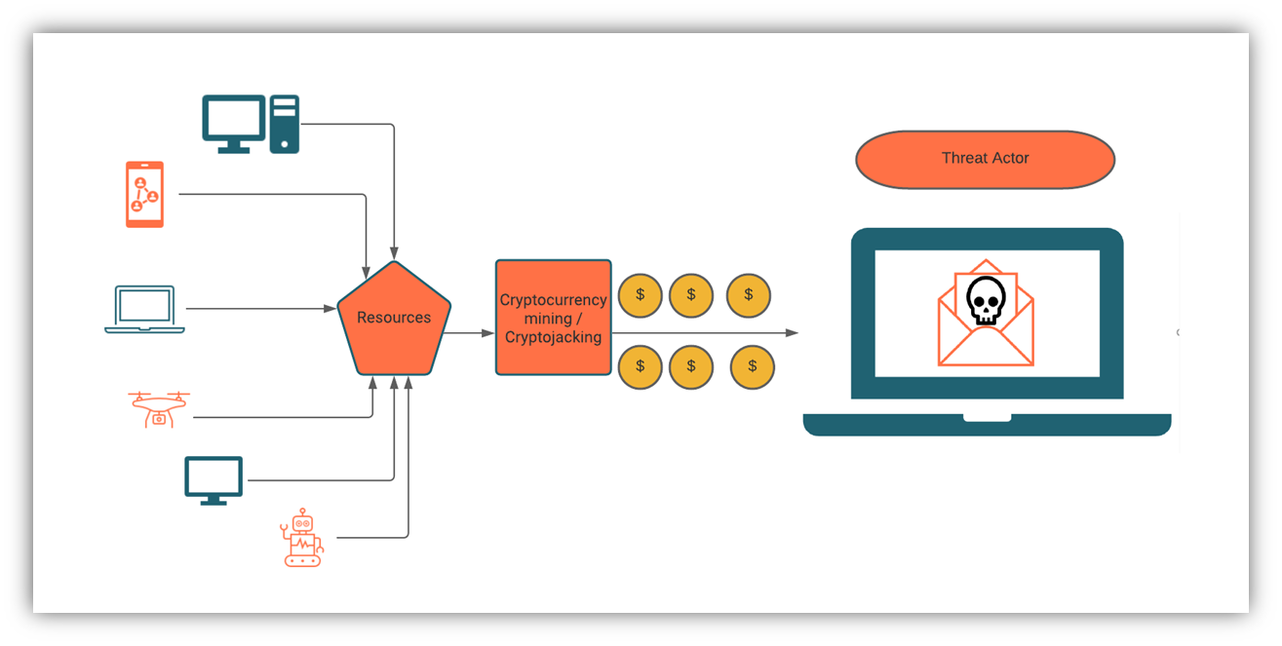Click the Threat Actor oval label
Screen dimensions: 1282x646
[x=985, y=159]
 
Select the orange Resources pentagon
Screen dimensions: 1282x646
[x=394, y=321]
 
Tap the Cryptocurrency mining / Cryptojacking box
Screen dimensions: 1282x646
[x=553, y=318]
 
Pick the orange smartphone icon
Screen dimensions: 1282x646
[x=145, y=195]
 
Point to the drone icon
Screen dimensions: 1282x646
[x=159, y=409]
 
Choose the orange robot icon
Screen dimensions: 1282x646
[x=301, y=537]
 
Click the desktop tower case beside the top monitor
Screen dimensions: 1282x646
[x=285, y=124]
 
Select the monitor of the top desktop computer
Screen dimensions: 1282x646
[x=234, y=124]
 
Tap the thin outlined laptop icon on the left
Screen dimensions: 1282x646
[x=144, y=309]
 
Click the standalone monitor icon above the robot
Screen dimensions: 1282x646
[x=214, y=480]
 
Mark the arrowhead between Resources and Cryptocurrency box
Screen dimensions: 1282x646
[x=487, y=333]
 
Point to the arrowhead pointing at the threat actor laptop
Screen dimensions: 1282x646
[x=792, y=332]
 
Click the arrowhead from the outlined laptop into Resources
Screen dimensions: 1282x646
[x=330, y=309]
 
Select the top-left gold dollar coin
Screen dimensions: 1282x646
[x=640, y=295]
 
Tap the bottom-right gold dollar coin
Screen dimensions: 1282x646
[x=752, y=366]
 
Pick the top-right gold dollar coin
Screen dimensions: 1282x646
[x=748, y=295]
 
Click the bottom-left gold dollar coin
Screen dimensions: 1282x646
[x=640, y=366]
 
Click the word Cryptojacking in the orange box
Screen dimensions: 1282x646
[x=553, y=337]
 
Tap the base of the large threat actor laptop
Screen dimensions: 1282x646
[x=987, y=425]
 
